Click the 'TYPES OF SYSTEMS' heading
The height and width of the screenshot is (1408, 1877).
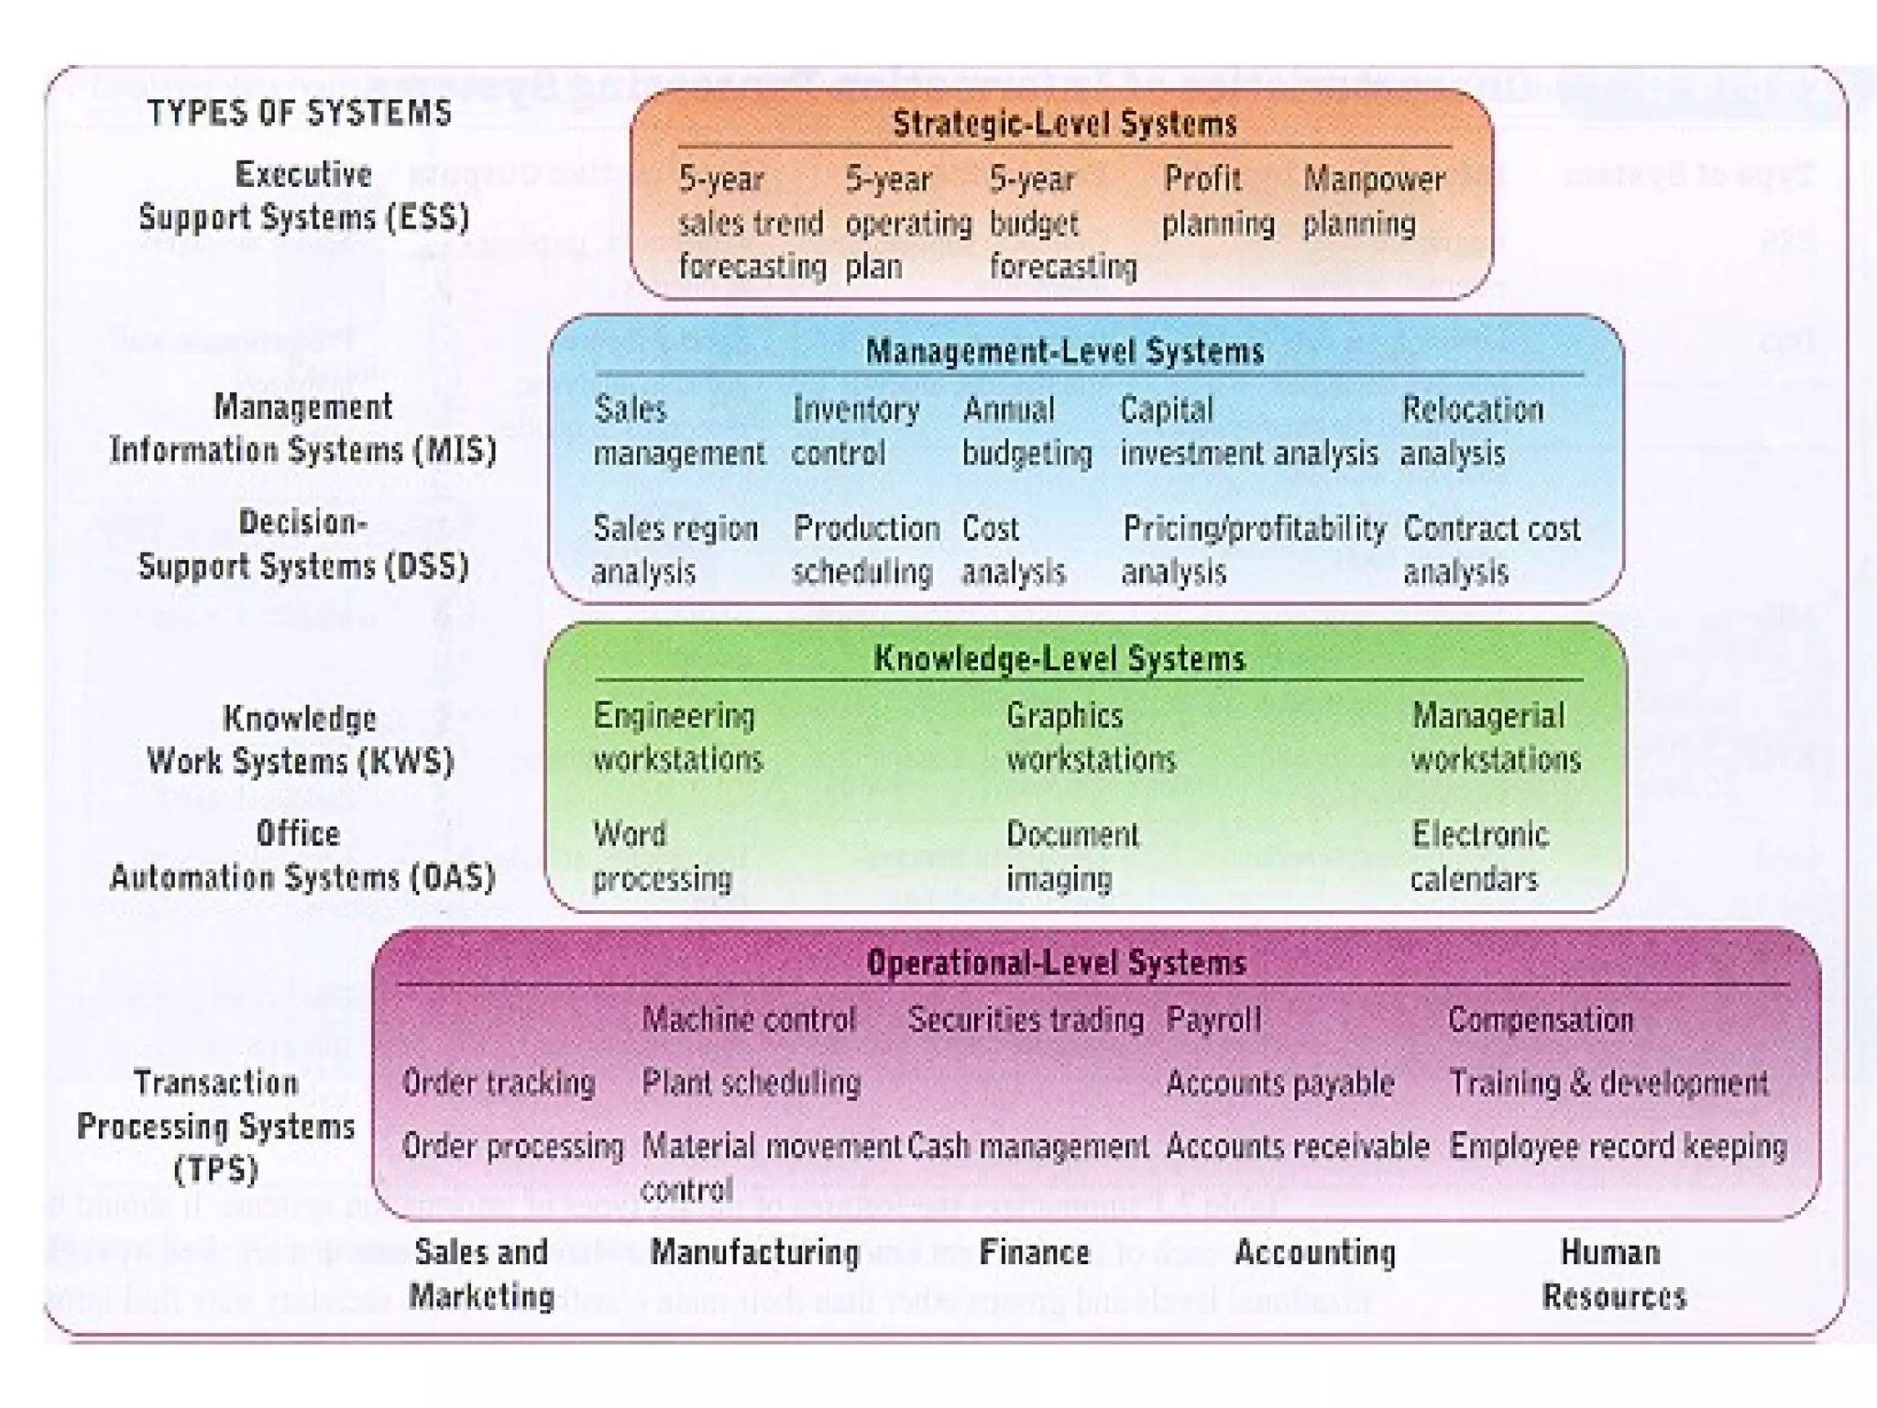click(300, 114)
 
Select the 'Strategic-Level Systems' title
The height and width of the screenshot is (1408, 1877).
click(1065, 124)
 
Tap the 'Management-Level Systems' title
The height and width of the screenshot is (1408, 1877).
click(1065, 352)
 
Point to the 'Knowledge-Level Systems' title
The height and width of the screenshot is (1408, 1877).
click(1059, 659)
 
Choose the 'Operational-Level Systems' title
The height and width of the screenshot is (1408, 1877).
click(1057, 963)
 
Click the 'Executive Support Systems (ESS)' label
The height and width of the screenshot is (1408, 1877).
click(303, 196)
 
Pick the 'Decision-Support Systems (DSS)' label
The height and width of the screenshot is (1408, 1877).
click(303, 544)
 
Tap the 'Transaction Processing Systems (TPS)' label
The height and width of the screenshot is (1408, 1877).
click(216, 1126)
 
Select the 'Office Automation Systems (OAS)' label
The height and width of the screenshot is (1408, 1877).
click(302, 856)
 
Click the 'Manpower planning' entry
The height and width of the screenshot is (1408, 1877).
click(1373, 201)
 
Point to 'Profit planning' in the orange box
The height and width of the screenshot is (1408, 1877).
click(1218, 201)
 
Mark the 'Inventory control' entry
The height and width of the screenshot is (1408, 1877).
click(855, 432)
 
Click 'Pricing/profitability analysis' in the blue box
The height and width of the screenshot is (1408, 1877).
click(1254, 550)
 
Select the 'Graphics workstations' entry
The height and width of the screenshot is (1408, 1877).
click(1091, 738)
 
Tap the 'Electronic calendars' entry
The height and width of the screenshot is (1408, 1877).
click(1479, 856)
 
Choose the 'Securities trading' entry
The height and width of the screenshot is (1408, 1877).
click(1026, 1020)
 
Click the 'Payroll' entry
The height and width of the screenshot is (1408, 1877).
click(1213, 1020)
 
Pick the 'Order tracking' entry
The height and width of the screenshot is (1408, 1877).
click(499, 1083)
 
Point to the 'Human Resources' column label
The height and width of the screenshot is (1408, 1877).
click(1613, 1274)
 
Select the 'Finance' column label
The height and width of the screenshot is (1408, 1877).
click(1035, 1253)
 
